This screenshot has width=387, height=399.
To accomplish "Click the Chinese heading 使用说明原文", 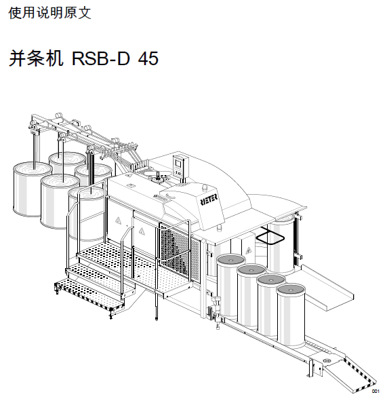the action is (x=49, y=13).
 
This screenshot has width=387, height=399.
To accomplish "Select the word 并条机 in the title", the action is (x=36, y=58).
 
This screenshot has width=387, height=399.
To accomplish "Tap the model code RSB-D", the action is (x=101, y=58).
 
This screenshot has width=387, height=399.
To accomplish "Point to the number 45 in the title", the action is (x=148, y=58).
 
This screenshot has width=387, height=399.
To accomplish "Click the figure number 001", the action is (x=375, y=391).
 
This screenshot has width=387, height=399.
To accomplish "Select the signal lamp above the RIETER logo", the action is (x=205, y=187).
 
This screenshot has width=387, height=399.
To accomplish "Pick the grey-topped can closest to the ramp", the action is (x=291, y=316).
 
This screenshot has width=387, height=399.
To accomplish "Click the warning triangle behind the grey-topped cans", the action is (x=248, y=250).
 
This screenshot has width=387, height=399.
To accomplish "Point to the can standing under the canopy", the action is (x=281, y=244).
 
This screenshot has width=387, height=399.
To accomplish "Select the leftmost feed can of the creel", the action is (x=33, y=189).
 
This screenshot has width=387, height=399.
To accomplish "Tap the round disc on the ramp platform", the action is (x=327, y=360).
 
